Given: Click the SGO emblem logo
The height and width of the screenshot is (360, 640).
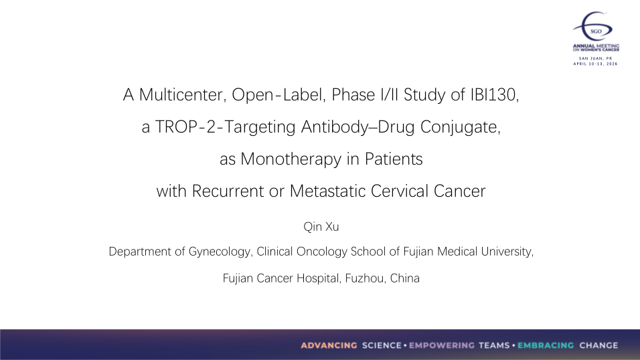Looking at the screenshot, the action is (x=594, y=27).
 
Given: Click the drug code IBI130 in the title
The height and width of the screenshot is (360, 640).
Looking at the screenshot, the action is (x=494, y=95).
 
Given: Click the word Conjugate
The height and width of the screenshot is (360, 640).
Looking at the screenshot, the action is (x=460, y=127).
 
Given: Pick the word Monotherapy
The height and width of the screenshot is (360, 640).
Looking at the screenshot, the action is (x=291, y=159).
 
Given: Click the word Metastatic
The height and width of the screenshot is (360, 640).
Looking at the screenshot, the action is (x=327, y=191).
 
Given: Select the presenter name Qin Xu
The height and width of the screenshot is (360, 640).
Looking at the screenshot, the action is (x=321, y=227).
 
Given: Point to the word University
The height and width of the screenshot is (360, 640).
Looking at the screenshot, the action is (x=507, y=252).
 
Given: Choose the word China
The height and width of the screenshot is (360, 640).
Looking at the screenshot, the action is (x=405, y=278).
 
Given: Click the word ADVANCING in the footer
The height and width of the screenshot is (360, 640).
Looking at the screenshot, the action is (x=329, y=346).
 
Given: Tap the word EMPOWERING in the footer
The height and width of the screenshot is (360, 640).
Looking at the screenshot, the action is (x=442, y=346).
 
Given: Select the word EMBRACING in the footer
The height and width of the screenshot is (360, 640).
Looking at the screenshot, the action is (x=546, y=346).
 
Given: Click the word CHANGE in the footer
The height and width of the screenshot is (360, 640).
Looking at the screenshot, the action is (x=598, y=346).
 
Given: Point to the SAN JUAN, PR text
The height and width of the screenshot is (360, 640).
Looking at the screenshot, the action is (x=596, y=59).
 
